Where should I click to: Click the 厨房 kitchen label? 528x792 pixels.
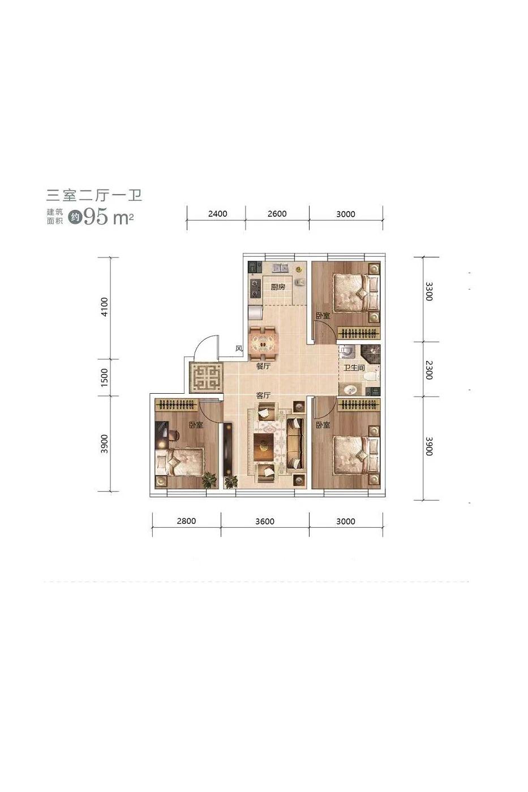point(278,287)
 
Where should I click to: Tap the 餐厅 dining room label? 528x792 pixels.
point(263,367)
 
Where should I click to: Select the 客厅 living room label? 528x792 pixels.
point(263,395)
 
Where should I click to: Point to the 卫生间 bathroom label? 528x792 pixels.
point(354,368)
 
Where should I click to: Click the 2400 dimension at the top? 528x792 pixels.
point(217,214)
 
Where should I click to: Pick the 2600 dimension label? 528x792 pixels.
point(277,214)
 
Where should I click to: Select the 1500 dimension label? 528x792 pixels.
point(104,377)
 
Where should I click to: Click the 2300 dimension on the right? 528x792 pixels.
point(428,370)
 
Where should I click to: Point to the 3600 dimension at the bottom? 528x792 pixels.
point(265,522)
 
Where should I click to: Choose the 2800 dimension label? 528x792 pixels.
point(186,521)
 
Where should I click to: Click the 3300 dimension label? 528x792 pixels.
point(428,291)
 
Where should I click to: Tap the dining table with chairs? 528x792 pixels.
point(263,343)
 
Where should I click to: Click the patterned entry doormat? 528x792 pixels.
point(206,377)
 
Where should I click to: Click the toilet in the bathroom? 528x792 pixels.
point(372,375)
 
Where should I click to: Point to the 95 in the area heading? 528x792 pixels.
point(95,217)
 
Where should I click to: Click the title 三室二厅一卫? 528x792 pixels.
point(95,195)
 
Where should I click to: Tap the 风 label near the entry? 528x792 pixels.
point(239,348)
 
